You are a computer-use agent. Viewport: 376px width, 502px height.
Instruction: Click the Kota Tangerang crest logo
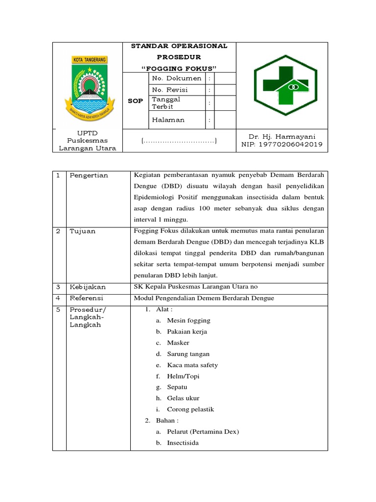click(87, 86)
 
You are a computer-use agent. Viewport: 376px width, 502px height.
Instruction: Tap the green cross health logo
click(282, 86)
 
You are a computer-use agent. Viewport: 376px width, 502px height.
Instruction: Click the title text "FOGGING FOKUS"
click(179, 68)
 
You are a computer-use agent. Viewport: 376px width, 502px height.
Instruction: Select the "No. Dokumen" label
click(177, 78)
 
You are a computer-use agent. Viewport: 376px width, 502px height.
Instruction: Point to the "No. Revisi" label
click(170, 90)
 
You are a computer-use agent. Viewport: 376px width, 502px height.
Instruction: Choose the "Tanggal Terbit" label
click(166, 102)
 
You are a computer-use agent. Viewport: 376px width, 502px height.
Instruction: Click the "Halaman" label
click(168, 119)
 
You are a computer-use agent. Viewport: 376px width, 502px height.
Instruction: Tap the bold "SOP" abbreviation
click(135, 101)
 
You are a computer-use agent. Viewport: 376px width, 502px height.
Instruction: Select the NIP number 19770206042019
click(282, 145)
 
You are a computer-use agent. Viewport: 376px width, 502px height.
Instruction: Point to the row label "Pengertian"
click(89, 175)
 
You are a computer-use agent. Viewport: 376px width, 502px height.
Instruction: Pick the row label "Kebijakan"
click(88, 287)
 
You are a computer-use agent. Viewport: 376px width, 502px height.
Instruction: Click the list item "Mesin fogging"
click(188, 320)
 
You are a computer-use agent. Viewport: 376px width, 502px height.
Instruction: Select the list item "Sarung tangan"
click(188, 353)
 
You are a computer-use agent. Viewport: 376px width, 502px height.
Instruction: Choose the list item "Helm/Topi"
click(183, 376)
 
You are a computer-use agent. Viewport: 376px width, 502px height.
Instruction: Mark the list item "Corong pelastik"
click(190, 409)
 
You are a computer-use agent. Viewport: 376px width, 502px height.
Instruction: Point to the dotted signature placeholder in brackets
click(179, 141)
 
